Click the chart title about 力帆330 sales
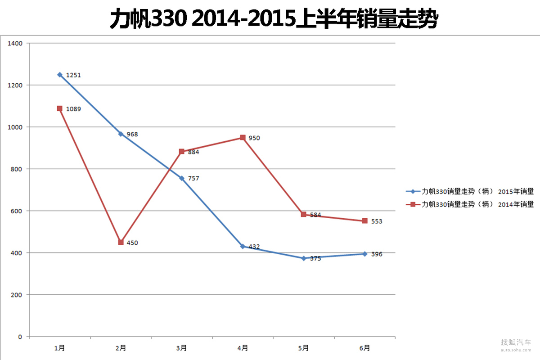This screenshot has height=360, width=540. click(274, 19)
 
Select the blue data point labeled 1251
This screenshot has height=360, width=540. click(60, 75)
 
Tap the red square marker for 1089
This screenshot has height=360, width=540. click(60, 108)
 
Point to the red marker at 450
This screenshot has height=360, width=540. click(121, 242)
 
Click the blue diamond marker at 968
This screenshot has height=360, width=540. click(121, 134)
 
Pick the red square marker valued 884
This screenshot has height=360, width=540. click(182, 152)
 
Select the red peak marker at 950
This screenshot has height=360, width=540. click(243, 138)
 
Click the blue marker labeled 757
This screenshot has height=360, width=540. click(182, 178)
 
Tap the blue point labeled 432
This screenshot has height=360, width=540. click(243, 246)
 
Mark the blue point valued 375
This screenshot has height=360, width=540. click(304, 258)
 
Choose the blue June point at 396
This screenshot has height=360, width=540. click(365, 254)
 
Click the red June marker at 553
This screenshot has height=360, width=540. click(365, 221)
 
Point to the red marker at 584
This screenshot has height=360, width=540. click(304, 214)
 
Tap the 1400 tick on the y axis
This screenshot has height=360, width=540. click(15, 44)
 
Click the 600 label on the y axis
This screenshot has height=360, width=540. click(16, 211)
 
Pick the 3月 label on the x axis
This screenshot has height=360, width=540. click(182, 348)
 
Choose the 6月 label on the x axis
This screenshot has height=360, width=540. click(365, 348)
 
